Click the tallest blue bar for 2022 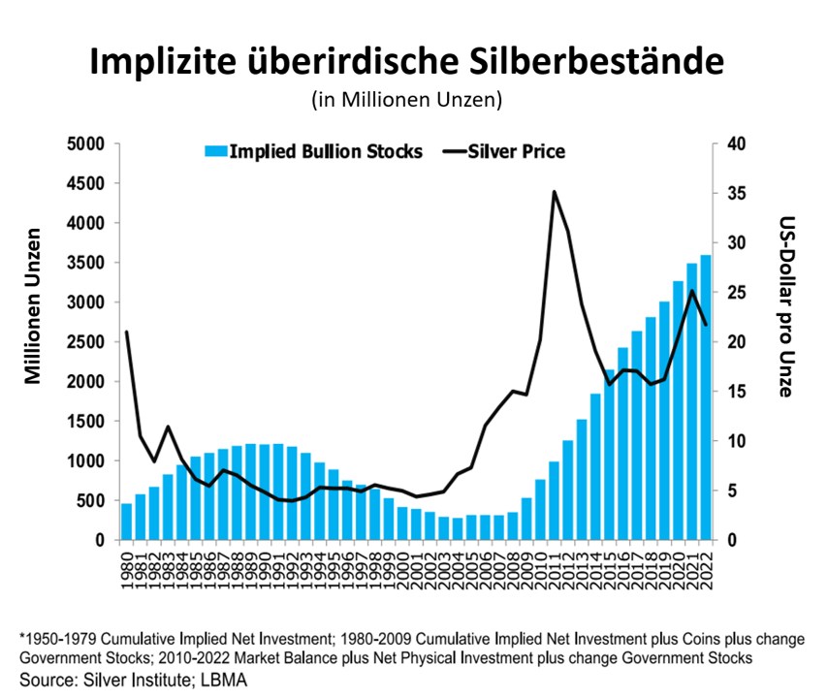(x=706, y=397)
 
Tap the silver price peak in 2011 (x=554, y=192)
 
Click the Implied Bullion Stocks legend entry (x=314, y=151)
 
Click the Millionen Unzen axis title (x=35, y=306)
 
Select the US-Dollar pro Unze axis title (x=787, y=306)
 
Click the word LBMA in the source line (x=225, y=681)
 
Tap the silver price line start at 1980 (x=127, y=333)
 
